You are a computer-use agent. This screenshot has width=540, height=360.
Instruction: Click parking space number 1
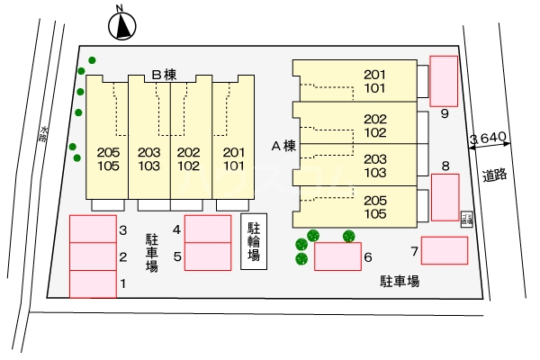[93, 284]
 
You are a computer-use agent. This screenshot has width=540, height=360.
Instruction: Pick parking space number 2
[93, 256]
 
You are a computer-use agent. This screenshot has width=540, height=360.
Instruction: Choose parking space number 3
[93, 229]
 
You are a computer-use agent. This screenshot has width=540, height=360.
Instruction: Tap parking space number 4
[208, 229]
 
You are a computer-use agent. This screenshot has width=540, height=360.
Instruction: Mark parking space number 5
[208, 256]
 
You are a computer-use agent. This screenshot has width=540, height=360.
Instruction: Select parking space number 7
[445, 250]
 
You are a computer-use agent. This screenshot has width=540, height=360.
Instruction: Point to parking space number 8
[445, 196]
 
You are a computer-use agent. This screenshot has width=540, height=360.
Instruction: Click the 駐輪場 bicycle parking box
[254, 243]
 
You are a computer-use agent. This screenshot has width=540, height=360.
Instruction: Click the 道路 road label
[494, 175]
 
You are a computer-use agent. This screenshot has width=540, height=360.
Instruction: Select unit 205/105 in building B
[107, 158]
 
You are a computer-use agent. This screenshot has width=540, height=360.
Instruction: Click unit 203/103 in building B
[149, 158]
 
